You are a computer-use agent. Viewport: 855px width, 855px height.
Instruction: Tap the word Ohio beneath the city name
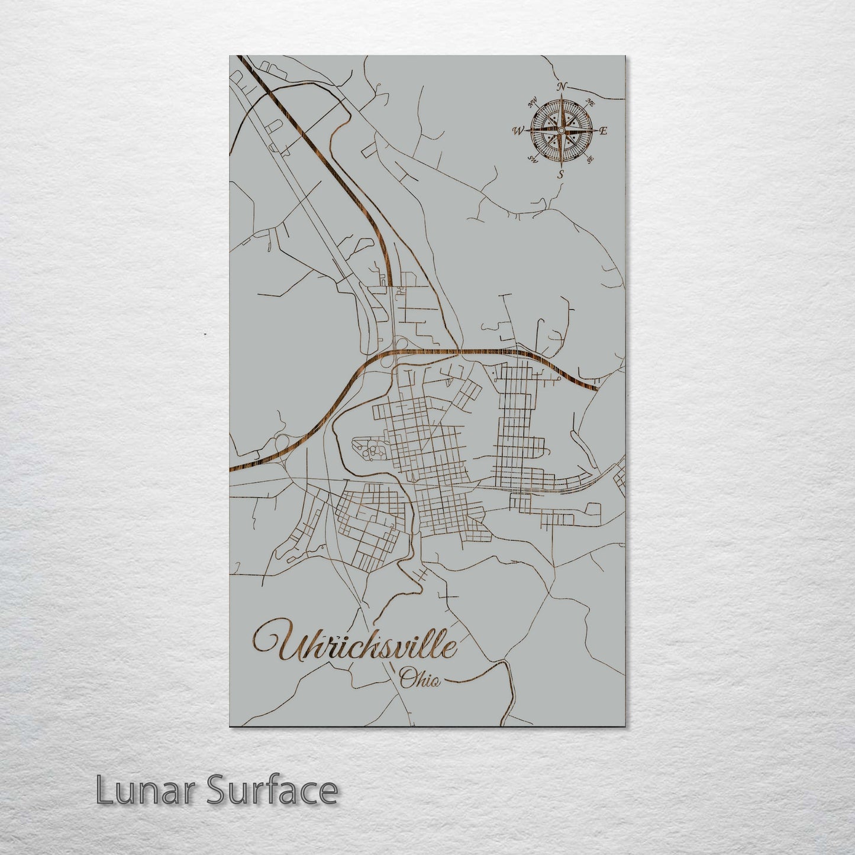click(x=420, y=679)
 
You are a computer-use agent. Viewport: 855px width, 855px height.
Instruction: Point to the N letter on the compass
click(x=562, y=86)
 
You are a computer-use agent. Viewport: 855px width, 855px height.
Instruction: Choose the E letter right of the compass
click(x=604, y=131)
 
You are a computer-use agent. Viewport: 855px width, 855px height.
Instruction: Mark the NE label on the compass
click(x=590, y=102)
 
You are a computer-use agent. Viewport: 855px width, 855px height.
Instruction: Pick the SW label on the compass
click(x=533, y=159)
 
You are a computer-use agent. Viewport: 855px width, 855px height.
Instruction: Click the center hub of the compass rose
click(x=561, y=130)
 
